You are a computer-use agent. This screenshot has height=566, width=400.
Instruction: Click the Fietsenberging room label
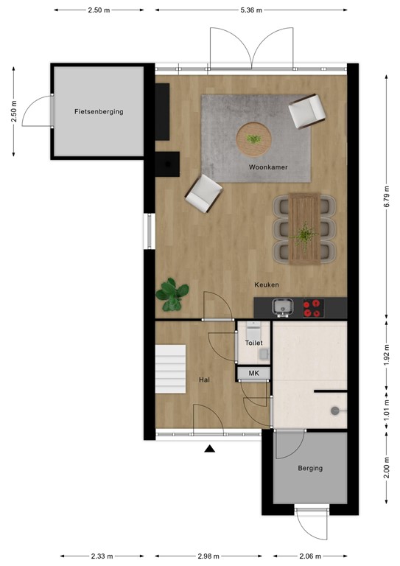(x=98, y=112)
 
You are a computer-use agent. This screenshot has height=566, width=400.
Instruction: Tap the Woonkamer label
(x=267, y=168)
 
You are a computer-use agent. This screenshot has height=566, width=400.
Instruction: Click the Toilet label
(x=253, y=343)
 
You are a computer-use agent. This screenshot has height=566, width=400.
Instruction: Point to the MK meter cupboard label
(x=253, y=374)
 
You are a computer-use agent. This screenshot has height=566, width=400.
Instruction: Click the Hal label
(x=205, y=380)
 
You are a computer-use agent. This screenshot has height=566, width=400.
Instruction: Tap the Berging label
(x=310, y=468)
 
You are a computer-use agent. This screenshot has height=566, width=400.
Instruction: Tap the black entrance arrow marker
(x=210, y=448)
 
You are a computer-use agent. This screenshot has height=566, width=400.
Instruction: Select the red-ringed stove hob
(x=314, y=307)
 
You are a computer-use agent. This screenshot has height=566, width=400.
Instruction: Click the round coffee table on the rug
(x=253, y=137)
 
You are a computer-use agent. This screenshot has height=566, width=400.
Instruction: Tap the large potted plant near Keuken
(x=172, y=293)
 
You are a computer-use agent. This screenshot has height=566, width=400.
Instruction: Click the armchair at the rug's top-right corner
(x=307, y=113)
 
